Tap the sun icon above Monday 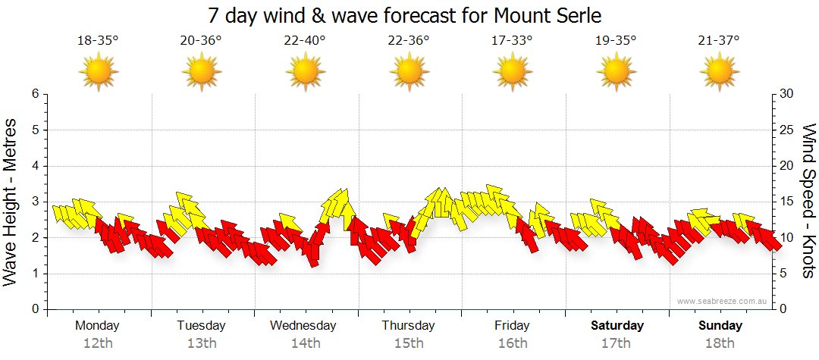click(x=99, y=72)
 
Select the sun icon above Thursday click(x=409, y=72)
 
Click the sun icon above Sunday click(x=719, y=72)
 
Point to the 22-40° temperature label click(x=305, y=41)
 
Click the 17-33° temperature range click(x=512, y=41)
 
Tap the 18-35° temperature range click(x=98, y=41)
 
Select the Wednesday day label click(x=303, y=326)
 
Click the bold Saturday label click(x=617, y=326)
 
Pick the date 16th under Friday click(x=513, y=343)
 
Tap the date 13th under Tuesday click(x=202, y=343)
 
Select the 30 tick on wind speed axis click(x=787, y=94)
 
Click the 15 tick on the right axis click(x=787, y=202)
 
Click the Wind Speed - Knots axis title click(x=808, y=201)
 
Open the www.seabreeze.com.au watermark click(x=723, y=302)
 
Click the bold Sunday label click(x=720, y=326)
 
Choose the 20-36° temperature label click(x=201, y=41)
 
